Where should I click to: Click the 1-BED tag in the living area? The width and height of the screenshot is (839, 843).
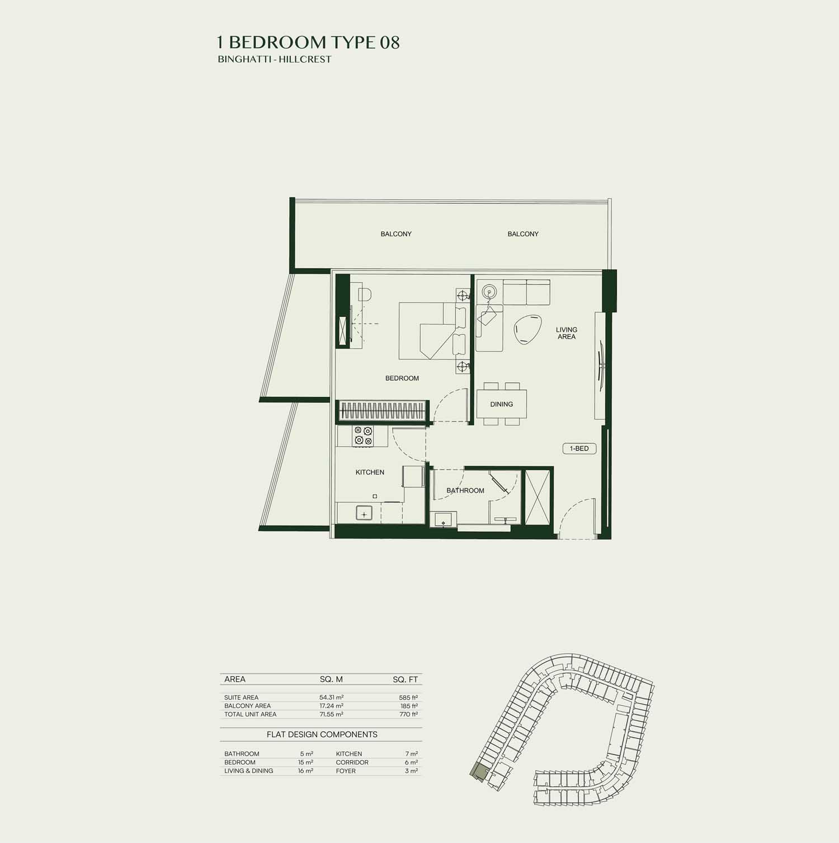(579, 448)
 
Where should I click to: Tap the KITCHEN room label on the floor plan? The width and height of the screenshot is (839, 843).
(370, 472)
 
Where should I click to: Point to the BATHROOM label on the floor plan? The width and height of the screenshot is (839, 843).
(465, 491)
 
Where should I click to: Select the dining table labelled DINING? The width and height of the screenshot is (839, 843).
(502, 404)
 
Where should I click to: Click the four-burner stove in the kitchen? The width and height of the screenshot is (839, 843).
(362, 436)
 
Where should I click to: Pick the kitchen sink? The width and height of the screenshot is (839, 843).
(364, 513)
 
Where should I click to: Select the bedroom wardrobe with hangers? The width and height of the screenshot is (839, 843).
(383, 411)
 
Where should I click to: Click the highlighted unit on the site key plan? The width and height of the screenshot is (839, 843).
(478, 772)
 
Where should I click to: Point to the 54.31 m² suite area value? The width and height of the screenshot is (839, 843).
(331, 697)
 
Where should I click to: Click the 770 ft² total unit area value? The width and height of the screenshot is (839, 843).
(409, 714)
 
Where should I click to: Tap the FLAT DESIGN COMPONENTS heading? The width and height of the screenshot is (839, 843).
(322, 734)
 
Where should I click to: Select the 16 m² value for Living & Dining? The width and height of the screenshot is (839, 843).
(305, 771)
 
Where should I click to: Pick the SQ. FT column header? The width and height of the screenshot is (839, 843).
(406, 680)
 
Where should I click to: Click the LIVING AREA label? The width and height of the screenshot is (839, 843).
(567, 333)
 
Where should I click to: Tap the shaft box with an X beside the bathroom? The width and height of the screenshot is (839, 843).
(538, 498)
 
